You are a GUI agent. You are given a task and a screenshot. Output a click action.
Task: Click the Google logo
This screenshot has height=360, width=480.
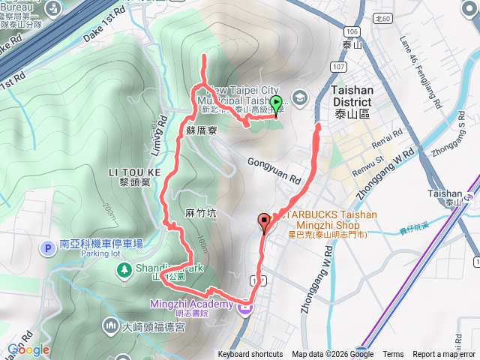click(x=28, y=349)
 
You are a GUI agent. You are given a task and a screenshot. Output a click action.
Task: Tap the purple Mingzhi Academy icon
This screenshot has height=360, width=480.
click(x=244, y=307)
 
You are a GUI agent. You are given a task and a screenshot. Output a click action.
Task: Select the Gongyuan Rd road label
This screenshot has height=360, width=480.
click(x=274, y=171)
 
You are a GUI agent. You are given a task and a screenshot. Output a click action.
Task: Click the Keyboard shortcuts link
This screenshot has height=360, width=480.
click(x=250, y=355)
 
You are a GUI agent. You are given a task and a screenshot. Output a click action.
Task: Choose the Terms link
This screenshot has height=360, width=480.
click(x=393, y=355)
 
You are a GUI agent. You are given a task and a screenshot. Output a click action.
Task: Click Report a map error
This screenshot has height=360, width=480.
click(x=445, y=355)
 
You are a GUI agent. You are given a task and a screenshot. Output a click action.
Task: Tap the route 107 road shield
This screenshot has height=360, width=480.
click(x=338, y=67)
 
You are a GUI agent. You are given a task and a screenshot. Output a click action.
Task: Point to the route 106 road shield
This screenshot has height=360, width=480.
click(x=352, y=31)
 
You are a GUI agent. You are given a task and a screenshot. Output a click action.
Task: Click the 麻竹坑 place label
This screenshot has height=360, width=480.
click(x=201, y=214)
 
